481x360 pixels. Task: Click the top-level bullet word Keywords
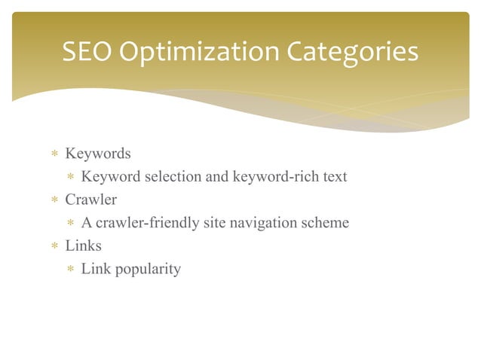pyautogui.click(x=98, y=154)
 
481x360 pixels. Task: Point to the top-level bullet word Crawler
pyautogui.click(x=90, y=200)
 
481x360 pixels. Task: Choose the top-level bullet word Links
pyautogui.click(x=83, y=246)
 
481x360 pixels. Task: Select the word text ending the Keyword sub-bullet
pyautogui.click(x=334, y=177)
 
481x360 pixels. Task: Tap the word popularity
pyautogui.click(x=148, y=269)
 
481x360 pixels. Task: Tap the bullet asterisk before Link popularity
pyautogui.click(x=69, y=270)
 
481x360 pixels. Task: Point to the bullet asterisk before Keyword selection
pyautogui.click(x=69, y=178)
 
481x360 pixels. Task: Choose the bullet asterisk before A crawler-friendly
pyautogui.click(x=69, y=224)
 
